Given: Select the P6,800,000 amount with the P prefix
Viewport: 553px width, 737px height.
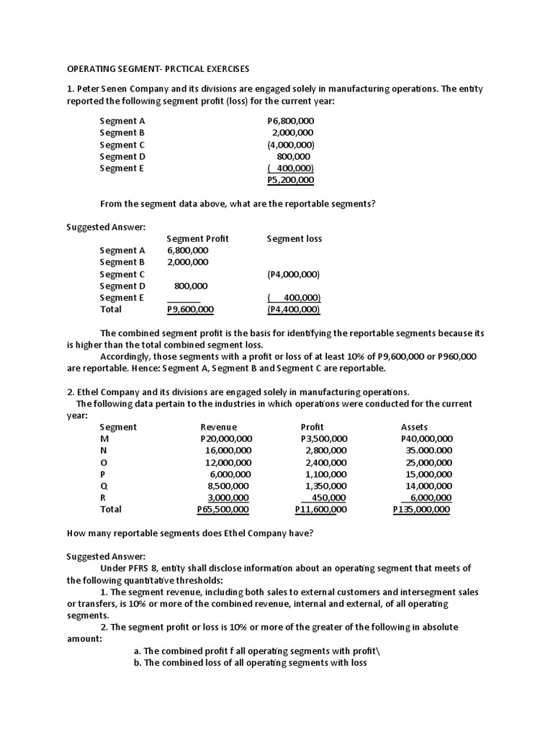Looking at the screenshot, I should pos(290,121).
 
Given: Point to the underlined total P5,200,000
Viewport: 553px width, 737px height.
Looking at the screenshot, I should pos(290,180).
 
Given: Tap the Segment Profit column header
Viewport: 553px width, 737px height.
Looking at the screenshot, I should pos(197,238).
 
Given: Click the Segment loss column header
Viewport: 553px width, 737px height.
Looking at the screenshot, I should pos(294,238).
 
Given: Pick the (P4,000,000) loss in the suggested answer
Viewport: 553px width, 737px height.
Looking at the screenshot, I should pos(293,274).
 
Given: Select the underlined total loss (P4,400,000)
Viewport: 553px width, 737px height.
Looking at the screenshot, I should pos(293,309).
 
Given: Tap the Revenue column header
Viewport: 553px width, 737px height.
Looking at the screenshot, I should pos(218,427).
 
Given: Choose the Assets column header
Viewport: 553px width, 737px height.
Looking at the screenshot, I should pos(414,427).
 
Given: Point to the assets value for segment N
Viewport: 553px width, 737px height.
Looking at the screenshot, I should pos(429,451).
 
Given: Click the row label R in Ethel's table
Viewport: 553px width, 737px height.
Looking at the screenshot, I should pos(103,497).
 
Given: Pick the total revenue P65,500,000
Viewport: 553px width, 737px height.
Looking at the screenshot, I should pos(223,510).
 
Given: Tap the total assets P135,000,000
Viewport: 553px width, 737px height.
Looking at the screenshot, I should pos(422,510).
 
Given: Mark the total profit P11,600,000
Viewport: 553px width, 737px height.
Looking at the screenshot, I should pos(321,510).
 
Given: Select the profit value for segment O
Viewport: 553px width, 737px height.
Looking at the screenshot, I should pos(326,463).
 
